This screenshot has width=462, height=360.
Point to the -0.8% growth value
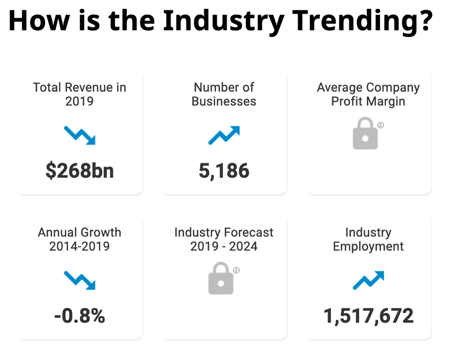click(80, 316)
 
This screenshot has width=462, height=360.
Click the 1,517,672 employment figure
click(368, 316)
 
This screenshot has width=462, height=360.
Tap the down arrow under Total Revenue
click(80, 135)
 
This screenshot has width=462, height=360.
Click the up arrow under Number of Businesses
click(224, 135)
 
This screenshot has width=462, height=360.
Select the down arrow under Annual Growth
click(80, 280)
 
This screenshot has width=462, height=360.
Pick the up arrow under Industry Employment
click(368, 280)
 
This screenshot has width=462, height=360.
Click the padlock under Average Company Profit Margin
click(366, 135)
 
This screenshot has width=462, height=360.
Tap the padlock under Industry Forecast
click(221, 280)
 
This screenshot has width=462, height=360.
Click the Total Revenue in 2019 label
click(80, 94)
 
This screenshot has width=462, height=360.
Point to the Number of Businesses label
click(224, 94)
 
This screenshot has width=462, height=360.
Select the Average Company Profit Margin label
click(368, 94)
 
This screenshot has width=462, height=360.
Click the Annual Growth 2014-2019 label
click(80, 239)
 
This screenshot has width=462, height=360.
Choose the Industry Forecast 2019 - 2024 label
click(224, 239)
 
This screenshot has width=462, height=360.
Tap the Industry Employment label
click(368, 239)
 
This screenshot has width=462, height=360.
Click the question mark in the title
click(424, 21)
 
